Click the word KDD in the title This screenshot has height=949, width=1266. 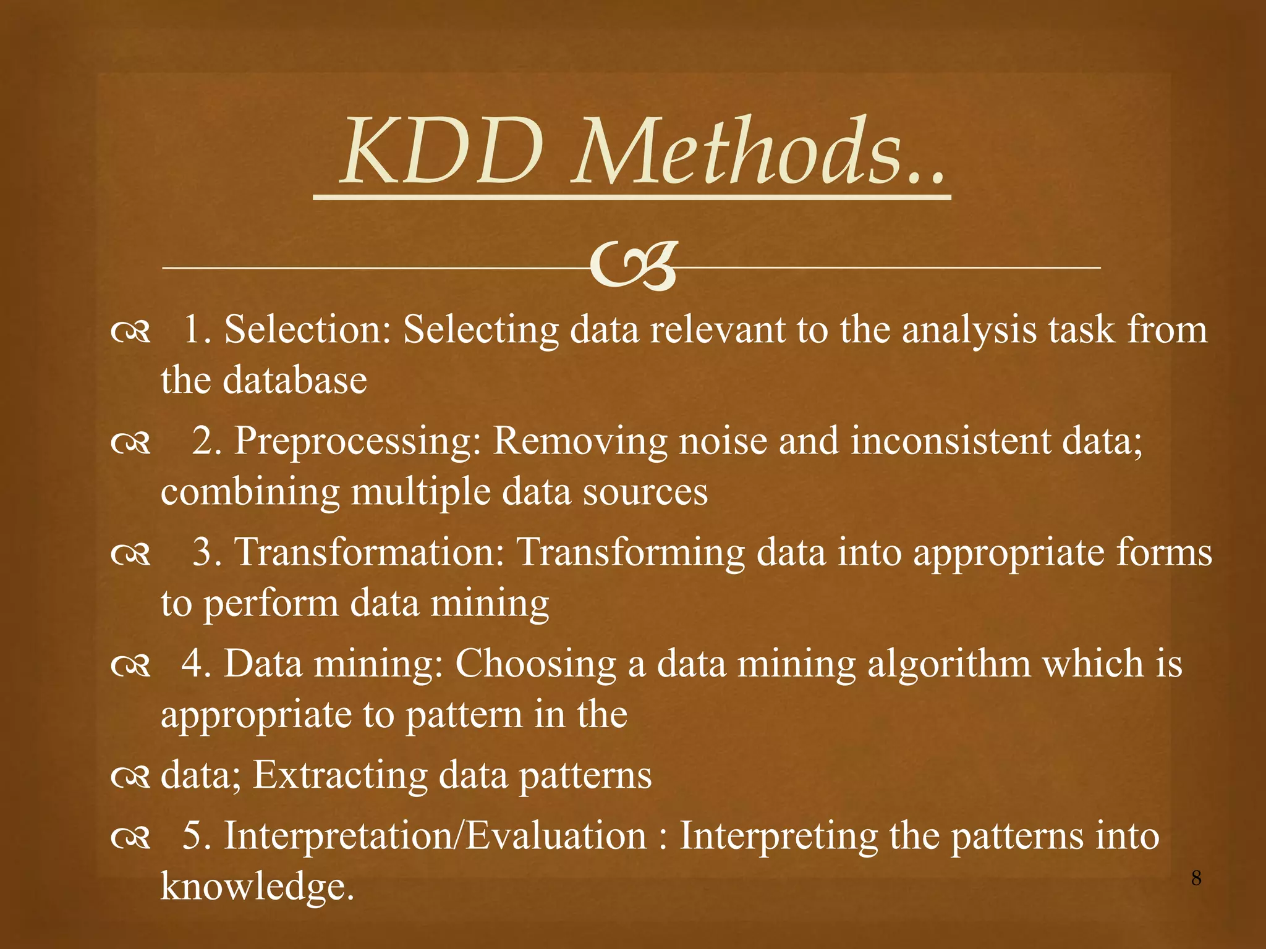tap(443, 152)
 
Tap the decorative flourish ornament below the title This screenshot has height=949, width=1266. tap(632, 267)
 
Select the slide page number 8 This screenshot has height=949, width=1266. tap(1196, 878)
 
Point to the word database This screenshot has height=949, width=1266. tap(295, 379)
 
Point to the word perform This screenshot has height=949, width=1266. tap(271, 604)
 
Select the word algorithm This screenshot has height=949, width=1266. tap(949, 664)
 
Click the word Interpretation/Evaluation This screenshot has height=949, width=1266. tap(435, 836)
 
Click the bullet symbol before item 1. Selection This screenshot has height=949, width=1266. tap(130, 332)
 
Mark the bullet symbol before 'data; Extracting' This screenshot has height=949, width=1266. tap(130, 778)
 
